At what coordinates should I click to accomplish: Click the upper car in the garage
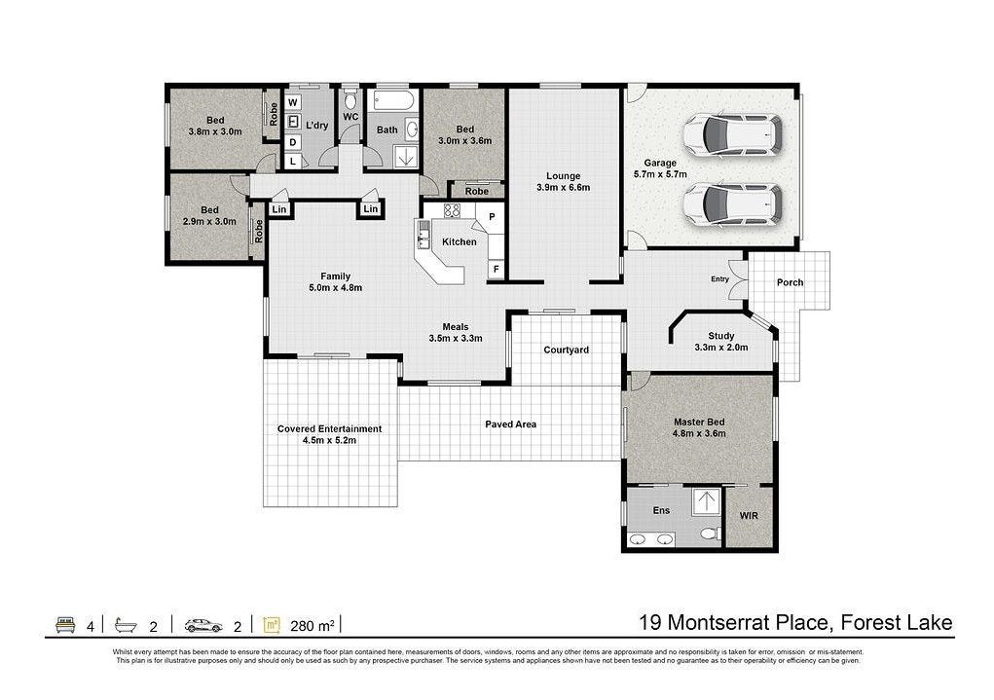coord(731,134)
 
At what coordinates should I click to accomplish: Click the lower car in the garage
coord(731,203)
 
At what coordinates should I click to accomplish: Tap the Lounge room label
coord(563,176)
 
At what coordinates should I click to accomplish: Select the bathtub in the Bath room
coord(393,100)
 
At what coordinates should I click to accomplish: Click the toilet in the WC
coord(350,99)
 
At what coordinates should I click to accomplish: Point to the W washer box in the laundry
coord(293,103)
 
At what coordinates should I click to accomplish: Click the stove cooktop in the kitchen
coord(452,210)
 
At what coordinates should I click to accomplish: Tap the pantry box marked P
coord(492,217)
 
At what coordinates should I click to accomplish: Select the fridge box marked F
coord(496,270)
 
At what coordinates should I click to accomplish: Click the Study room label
coord(720,336)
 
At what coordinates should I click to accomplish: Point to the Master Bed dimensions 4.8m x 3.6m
coord(699,433)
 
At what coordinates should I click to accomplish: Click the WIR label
coord(749,516)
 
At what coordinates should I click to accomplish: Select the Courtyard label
coord(566,350)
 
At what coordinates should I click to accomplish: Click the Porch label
coord(790,282)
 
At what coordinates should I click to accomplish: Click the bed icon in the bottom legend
coord(66,625)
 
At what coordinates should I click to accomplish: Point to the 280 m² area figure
coord(313,626)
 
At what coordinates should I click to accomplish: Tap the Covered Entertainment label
coord(330,428)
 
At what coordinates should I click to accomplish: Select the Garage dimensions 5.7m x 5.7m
coord(660,174)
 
